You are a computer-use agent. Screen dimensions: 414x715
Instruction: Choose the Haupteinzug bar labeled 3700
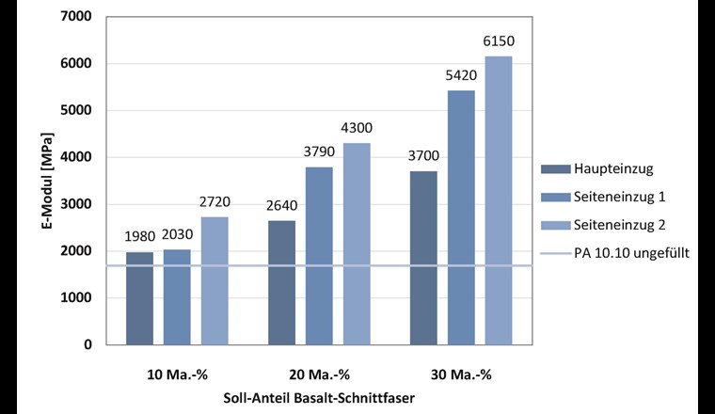click(x=423, y=258)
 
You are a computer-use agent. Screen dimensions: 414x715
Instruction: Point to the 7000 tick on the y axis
click(x=78, y=17)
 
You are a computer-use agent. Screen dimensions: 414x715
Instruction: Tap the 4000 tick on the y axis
click(x=78, y=157)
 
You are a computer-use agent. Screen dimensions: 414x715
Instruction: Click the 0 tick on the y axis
click(x=87, y=344)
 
